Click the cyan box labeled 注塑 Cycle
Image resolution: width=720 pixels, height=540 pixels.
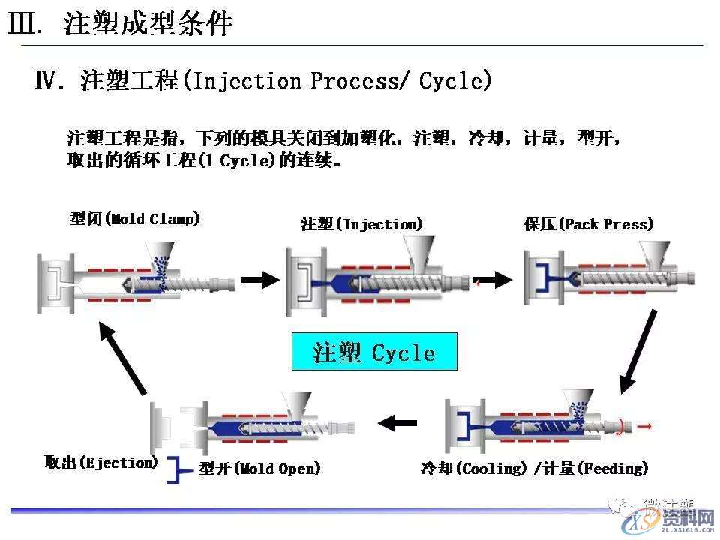(x=373, y=352)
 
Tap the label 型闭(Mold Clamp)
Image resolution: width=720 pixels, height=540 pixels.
(x=135, y=219)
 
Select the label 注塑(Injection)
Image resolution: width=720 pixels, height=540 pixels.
(x=361, y=224)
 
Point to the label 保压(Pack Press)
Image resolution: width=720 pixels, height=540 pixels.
(x=588, y=224)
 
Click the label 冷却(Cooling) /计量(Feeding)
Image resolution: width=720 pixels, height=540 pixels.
(x=534, y=469)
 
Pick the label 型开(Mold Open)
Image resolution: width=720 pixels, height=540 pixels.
(x=260, y=469)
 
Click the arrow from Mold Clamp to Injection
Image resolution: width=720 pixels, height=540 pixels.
(x=259, y=280)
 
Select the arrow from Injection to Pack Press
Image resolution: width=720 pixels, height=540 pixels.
(x=493, y=280)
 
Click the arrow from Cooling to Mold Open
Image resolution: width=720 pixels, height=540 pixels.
(x=397, y=423)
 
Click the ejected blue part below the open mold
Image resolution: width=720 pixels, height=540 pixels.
(x=180, y=469)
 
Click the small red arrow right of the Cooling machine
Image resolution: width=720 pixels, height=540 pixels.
(x=645, y=426)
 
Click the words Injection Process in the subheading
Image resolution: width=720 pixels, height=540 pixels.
(x=300, y=80)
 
